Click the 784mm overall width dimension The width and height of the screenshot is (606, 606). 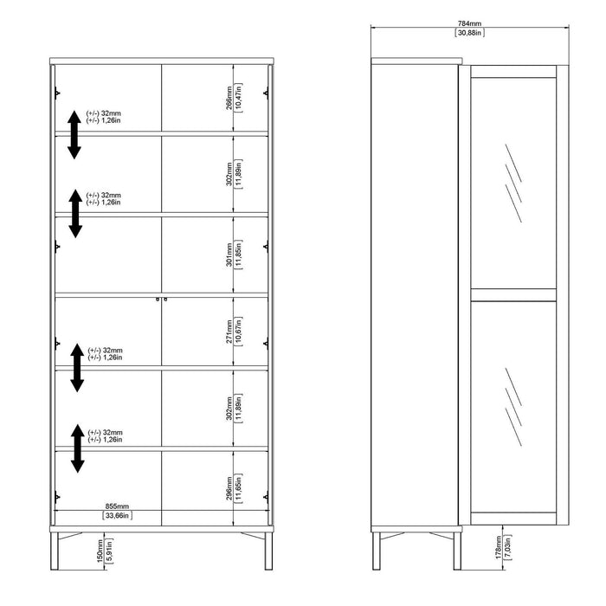(x=470, y=23)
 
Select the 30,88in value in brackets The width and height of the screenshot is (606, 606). (x=470, y=33)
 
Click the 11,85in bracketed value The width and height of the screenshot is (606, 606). (x=239, y=255)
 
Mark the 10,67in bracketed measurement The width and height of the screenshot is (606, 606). (x=239, y=331)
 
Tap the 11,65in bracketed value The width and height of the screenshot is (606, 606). (x=239, y=489)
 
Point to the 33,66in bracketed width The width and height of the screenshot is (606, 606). (x=117, y=515)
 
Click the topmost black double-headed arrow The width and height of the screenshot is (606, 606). (x=74, y=134)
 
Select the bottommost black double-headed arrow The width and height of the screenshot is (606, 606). (x=78, y=448)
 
